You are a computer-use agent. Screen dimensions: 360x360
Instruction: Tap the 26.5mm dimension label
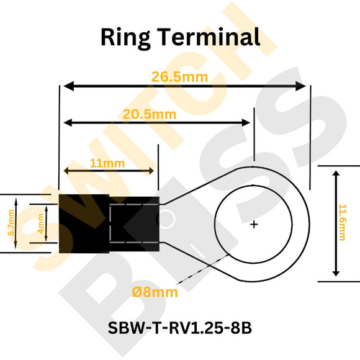179,77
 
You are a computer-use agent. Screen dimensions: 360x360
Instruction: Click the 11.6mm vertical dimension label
342,223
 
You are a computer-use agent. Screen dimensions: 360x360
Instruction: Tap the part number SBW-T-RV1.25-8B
180,327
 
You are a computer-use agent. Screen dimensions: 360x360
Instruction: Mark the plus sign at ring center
254,224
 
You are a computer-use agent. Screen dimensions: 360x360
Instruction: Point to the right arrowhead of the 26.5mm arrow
303,86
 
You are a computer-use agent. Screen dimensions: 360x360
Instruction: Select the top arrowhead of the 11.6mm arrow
336,174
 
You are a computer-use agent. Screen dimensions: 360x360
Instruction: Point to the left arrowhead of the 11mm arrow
66,171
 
